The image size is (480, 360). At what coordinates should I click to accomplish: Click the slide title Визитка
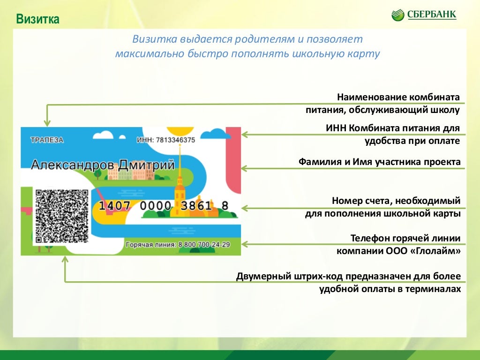coord(37,19)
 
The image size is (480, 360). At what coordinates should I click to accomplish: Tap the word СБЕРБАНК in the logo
coord(432,15)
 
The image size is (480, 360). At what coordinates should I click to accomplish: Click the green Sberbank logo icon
coord(397,15)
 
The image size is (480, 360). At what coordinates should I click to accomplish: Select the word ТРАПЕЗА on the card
coord(47,140)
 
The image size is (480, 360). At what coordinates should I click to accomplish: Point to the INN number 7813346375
coord(175,140)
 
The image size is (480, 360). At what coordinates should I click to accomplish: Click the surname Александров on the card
coord(73,165)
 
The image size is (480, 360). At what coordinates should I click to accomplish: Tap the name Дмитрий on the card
coord(146,165)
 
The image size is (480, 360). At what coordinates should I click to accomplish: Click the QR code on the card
coord(62,216)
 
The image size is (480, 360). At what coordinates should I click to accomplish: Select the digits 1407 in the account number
coord(115,205)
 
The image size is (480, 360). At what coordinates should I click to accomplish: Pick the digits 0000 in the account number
coord(156,205)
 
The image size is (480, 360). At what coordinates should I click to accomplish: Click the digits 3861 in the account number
coord(196,205)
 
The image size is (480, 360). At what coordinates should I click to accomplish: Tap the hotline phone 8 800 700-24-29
coord(204,245)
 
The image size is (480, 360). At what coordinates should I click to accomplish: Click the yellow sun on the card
coord(180,131)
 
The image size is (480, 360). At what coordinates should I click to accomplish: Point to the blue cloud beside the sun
coord(217,134)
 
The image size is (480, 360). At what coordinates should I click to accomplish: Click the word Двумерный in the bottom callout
coord(263,277)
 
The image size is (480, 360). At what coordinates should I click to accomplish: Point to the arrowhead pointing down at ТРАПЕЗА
coord(47,122)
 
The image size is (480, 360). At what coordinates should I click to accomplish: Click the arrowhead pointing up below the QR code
coord(65,260)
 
